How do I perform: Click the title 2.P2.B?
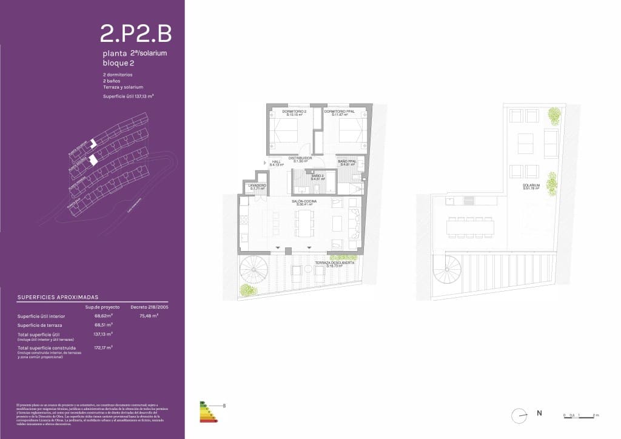click(x=136, y=34)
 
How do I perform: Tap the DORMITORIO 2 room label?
click(x=295, y=112)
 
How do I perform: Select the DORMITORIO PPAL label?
click(x=339, y=112)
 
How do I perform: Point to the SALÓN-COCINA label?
click(x=304, y=203)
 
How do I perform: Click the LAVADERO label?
click(x=257, y=187)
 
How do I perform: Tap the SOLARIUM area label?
click(x=532, y=186)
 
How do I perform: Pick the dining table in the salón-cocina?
click(x=304, y=225)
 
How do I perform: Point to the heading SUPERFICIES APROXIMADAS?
click(x=58, y=298)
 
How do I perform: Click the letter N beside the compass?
click(x=539, y=414)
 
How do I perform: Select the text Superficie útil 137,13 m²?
click(x=128, y=96)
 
